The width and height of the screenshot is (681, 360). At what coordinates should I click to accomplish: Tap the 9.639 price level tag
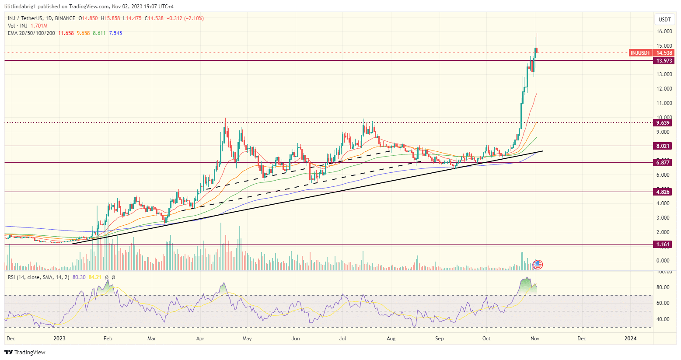(664, 123)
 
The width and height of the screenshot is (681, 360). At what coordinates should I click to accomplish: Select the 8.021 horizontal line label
(664, 146)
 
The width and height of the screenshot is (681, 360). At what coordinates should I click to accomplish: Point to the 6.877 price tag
(664, 163)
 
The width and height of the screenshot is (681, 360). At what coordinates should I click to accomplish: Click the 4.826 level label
(664, 192)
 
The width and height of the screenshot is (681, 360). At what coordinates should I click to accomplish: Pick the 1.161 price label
(664, 245)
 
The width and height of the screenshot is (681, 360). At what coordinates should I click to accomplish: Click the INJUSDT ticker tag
(640, 53)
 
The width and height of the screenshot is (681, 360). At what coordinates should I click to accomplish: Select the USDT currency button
(664, 20)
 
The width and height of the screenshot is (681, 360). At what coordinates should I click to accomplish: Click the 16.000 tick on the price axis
(664, 31)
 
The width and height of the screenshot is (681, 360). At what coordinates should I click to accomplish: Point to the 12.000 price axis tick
(664, 89)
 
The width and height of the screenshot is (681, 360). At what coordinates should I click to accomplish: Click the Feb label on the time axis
(108, 339)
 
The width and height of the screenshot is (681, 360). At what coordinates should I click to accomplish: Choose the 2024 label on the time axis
(630, 339)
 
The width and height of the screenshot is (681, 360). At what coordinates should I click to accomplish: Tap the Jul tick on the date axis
(343, 339)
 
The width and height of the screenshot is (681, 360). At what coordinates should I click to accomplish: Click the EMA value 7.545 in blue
(115, 33)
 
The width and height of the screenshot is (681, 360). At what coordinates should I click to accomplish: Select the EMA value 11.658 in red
(66, 33)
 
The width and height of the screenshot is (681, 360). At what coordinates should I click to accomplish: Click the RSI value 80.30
(79, 277)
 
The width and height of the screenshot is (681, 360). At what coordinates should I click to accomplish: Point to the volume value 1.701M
(39, 26)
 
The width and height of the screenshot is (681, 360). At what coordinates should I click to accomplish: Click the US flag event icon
(538, 264)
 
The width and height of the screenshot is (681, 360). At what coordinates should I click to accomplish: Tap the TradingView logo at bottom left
(25, 353)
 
